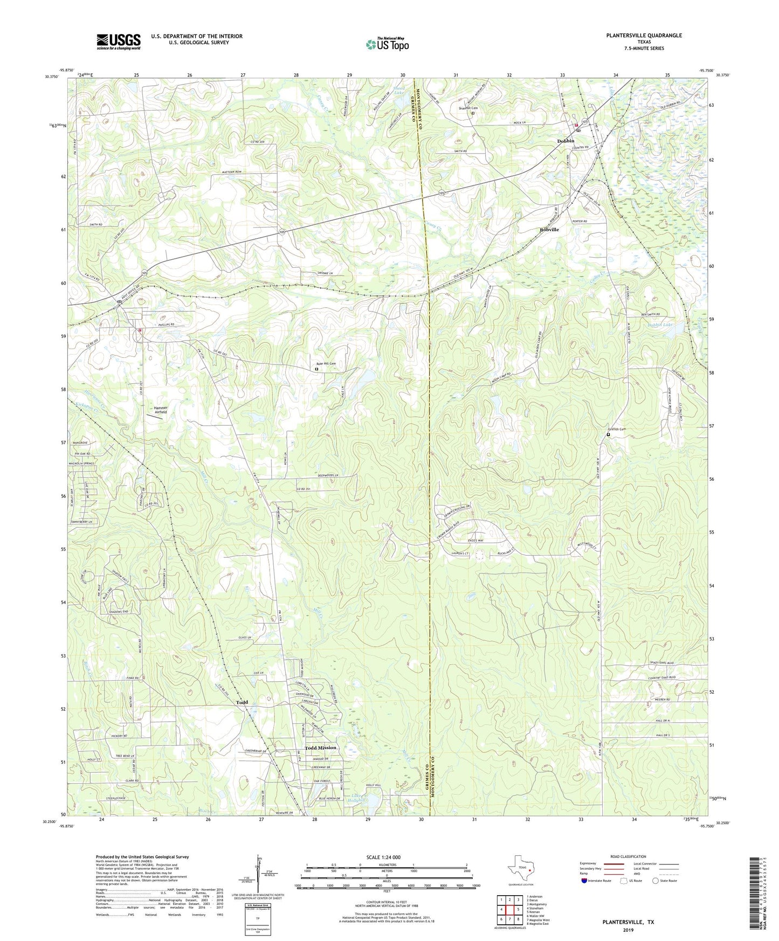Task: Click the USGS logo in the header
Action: (119, 41)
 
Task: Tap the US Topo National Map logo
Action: (387, 44)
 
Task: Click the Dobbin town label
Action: (566, 141)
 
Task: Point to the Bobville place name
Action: (549, 230)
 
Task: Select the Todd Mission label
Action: (320, 748)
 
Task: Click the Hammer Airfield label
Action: (161, 410)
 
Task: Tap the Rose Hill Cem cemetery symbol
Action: (316, 369)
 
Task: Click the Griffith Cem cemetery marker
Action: (609, 434)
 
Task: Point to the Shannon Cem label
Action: (468, 108)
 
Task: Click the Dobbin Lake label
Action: (660, 325)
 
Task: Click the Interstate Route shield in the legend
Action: (584, 881)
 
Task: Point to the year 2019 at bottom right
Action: (628, 930)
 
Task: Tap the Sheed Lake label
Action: (398, 90)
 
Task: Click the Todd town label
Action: (242, 702)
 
